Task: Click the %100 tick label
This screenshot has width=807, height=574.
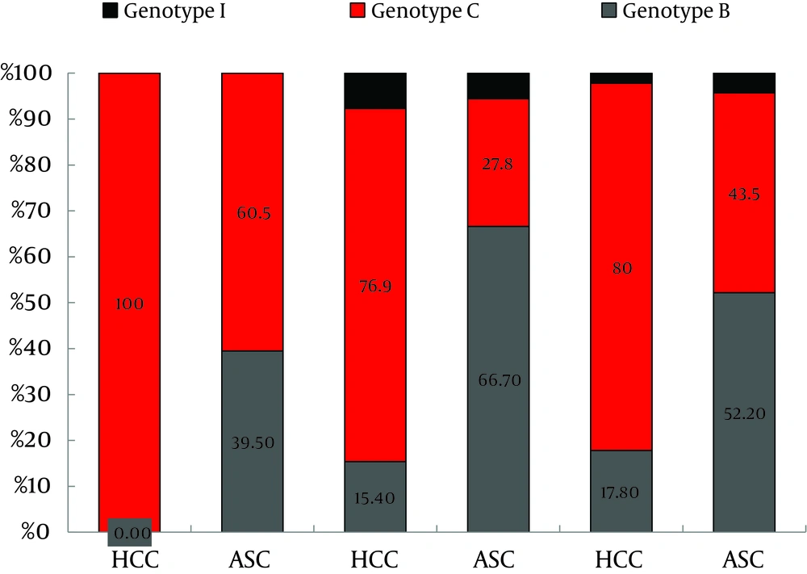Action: (33, 74)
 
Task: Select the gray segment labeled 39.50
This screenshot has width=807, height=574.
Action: (253, 442)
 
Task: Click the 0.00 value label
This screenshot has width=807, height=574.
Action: (129, 533)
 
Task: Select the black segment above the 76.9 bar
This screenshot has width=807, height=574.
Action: (375, 90)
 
